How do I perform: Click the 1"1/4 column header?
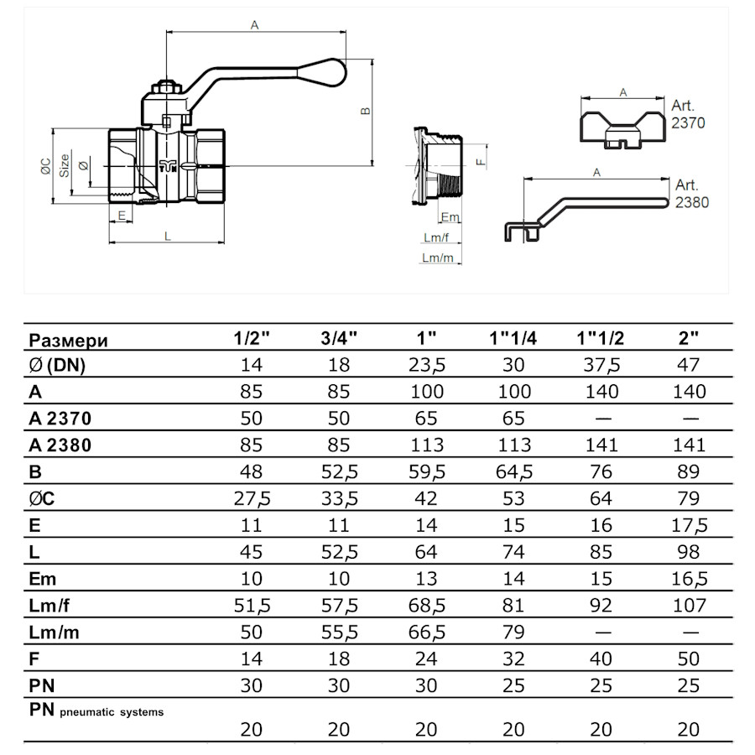[x=513, y=339]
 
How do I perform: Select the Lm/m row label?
[x=55, y=633]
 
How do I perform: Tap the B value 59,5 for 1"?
[x=427, y=472]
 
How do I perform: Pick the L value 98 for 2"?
[x=688, y=552]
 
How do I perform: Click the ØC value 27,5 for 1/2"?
[x=251, y=499]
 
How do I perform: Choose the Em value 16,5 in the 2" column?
[x=688, y=580]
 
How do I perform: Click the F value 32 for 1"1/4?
[x=513, y=660]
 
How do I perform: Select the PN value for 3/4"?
[x=339, y=687]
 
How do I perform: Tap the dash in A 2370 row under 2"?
[x=688, y=419]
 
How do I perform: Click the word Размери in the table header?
[x=69, y=340]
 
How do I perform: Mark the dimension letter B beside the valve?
[x=365, y=112]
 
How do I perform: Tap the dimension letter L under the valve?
[x=168, y=237]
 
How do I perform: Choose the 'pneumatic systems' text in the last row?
[x=112, y=712]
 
